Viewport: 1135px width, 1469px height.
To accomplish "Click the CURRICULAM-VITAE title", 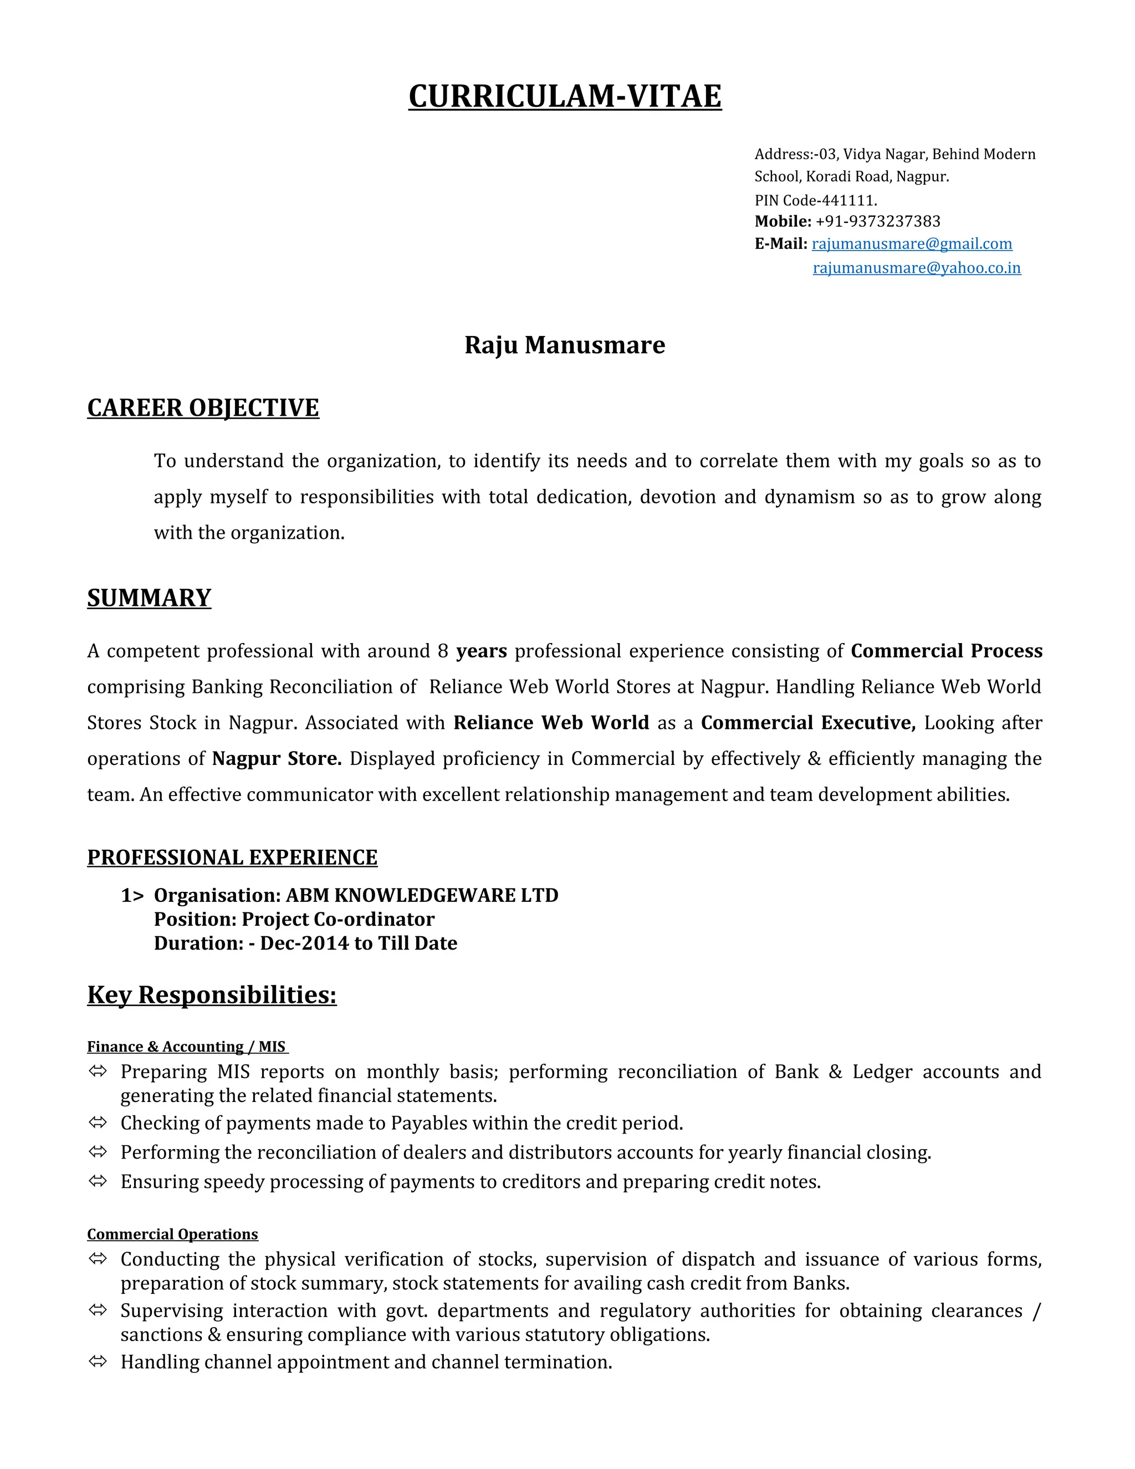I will (x=565, y=96).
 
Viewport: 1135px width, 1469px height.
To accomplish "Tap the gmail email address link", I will (x=912, y=243).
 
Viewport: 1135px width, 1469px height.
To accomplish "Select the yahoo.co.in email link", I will (x=917, y=268).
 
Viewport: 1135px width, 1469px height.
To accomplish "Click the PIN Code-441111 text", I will (x=816, y=201).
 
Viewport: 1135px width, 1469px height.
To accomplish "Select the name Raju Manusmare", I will (x=565, y=345).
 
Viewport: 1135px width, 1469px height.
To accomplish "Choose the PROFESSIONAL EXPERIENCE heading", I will (x=232, y=858).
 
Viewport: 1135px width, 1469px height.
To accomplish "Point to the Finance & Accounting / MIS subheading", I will (x=188, y=1047).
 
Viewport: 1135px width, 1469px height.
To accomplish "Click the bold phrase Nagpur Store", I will (x=277, y=759).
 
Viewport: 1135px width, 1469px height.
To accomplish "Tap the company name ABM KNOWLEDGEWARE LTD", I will (x=422, y=895).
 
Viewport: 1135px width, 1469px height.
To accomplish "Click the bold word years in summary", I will (x=482, y=651).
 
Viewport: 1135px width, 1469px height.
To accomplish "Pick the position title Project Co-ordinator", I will (x=338, y=920).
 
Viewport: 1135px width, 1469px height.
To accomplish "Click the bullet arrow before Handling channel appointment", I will (x=98, y=1362).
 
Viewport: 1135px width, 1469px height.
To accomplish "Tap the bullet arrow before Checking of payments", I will (x=98, y=1123).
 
